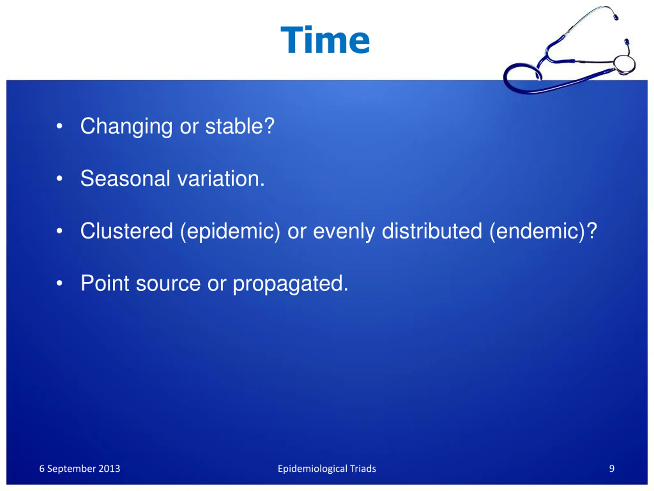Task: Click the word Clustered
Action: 126,231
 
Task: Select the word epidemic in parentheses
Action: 230,232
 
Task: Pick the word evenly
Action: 344,232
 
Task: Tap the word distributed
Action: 432,231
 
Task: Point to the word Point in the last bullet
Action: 105,283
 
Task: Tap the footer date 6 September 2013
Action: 80,468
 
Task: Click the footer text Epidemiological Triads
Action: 327,469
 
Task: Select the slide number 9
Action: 612,468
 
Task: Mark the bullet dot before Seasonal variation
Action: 60,178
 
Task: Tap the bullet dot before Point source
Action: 60,283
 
